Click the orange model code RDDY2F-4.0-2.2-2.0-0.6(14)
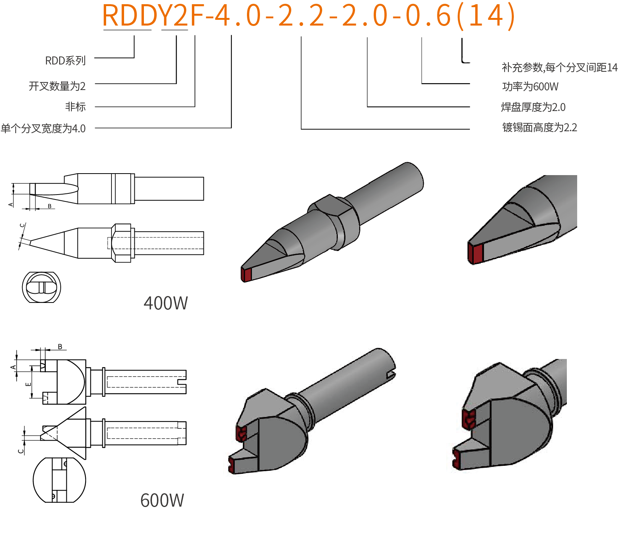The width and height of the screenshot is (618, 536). (x=308, y=16)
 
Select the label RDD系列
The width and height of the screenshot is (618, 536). (x=65, y=61)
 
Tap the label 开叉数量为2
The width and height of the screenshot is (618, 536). (x=57, y=86)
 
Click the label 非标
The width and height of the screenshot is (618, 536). (x=75, y=107)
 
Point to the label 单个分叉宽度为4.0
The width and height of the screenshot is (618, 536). (x=43, y=129)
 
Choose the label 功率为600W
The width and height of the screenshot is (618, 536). (x=530, y=87)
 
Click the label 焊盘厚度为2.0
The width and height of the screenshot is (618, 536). (x=533, y=107)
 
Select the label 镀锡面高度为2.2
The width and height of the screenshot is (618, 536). (x=539, y=127)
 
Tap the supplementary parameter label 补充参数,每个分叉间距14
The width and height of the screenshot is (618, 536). (x=559, y=68)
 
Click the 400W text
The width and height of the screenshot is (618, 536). (x=166, y=304)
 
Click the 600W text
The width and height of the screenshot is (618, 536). (x=162, y=501)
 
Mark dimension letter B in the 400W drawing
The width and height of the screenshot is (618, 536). (x=50, y=206)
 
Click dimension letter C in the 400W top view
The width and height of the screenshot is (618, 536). (x=23, y=225)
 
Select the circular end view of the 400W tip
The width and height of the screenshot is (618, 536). (x=41, y=287)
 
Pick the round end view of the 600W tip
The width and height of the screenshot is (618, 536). (x=59, y=480)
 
